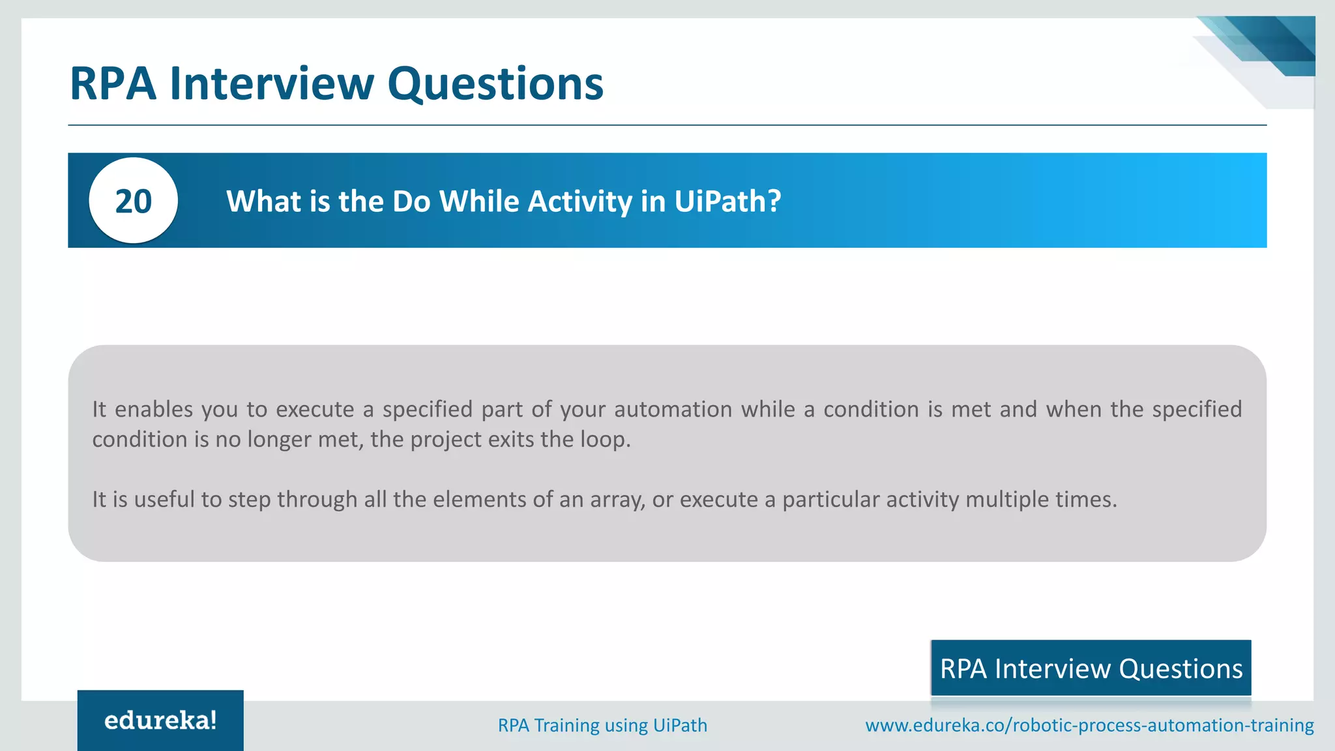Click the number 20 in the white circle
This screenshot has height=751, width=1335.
(x=134, y=201)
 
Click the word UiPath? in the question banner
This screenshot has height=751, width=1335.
(x=727, y=201)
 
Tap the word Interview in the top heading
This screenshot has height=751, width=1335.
(x=272, y=84)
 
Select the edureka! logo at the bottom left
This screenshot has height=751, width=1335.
(x=160, y=720)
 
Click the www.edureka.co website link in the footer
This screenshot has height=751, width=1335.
(x=1089, y=725)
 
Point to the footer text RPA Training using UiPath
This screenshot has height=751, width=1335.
(x=602, y=725)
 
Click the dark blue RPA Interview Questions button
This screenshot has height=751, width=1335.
(x=1091, y=669)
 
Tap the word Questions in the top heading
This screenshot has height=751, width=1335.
(x=495, y=84)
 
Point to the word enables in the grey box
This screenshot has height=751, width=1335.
(x=154, y=409)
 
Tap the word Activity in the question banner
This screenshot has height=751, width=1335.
(x=580, y=201)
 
